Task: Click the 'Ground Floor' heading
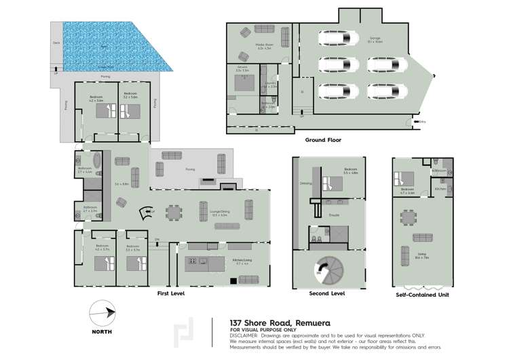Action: [322, 140]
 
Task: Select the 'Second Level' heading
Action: [328, 293]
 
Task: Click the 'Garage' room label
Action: [374, 39]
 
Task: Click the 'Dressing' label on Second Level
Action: [305, 183]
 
